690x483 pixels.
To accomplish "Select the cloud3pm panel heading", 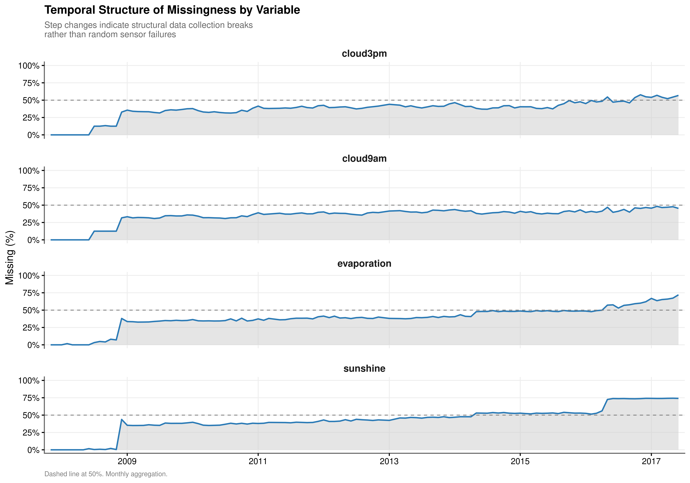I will click(364, 54).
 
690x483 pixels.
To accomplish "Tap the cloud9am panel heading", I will click(364, 159).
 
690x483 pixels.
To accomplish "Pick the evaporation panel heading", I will click(364, 264).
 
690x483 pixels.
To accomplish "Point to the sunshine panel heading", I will click(364, 368).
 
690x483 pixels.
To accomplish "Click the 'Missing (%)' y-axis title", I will click(10, 257).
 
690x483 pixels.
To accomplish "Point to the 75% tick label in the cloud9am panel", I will click(31, 188).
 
